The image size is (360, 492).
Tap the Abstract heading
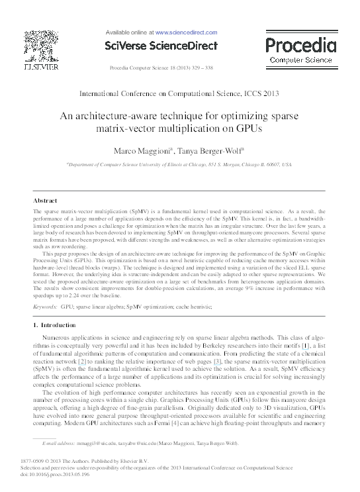click(x=45, y=200)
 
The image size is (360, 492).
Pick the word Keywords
click(x=44, y=307)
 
